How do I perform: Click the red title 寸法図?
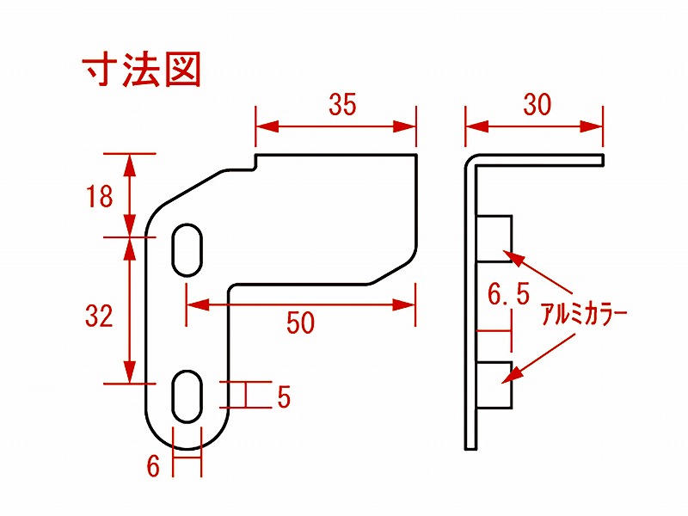(141, 70)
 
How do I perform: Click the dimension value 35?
(342, 104)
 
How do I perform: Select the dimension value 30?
(537, 104)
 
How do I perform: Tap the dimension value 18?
(100, 196)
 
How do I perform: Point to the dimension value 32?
(99, 315)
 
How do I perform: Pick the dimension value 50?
(300, 322)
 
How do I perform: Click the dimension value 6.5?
(508, 293)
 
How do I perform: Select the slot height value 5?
(284, 396)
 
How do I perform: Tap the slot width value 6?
(153, 465)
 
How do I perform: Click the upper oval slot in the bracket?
(187, 249)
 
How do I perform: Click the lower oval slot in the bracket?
(187, 396)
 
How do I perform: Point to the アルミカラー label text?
(584, 314)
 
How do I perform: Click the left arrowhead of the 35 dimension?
(267, 126)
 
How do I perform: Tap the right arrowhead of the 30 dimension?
(592, 126)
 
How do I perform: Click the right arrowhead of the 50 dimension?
(403, 304)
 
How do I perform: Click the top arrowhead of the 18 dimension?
(130, 165)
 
